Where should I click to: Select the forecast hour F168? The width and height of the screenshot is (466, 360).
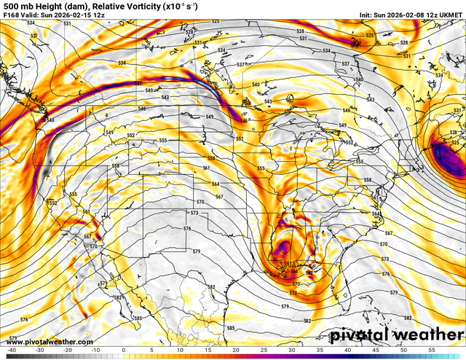(12, 15)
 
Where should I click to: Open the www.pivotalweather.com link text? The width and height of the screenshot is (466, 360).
(47, 341)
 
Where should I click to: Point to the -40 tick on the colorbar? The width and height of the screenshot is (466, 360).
(12, 351)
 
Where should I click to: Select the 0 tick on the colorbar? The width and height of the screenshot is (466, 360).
(124, 351)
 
